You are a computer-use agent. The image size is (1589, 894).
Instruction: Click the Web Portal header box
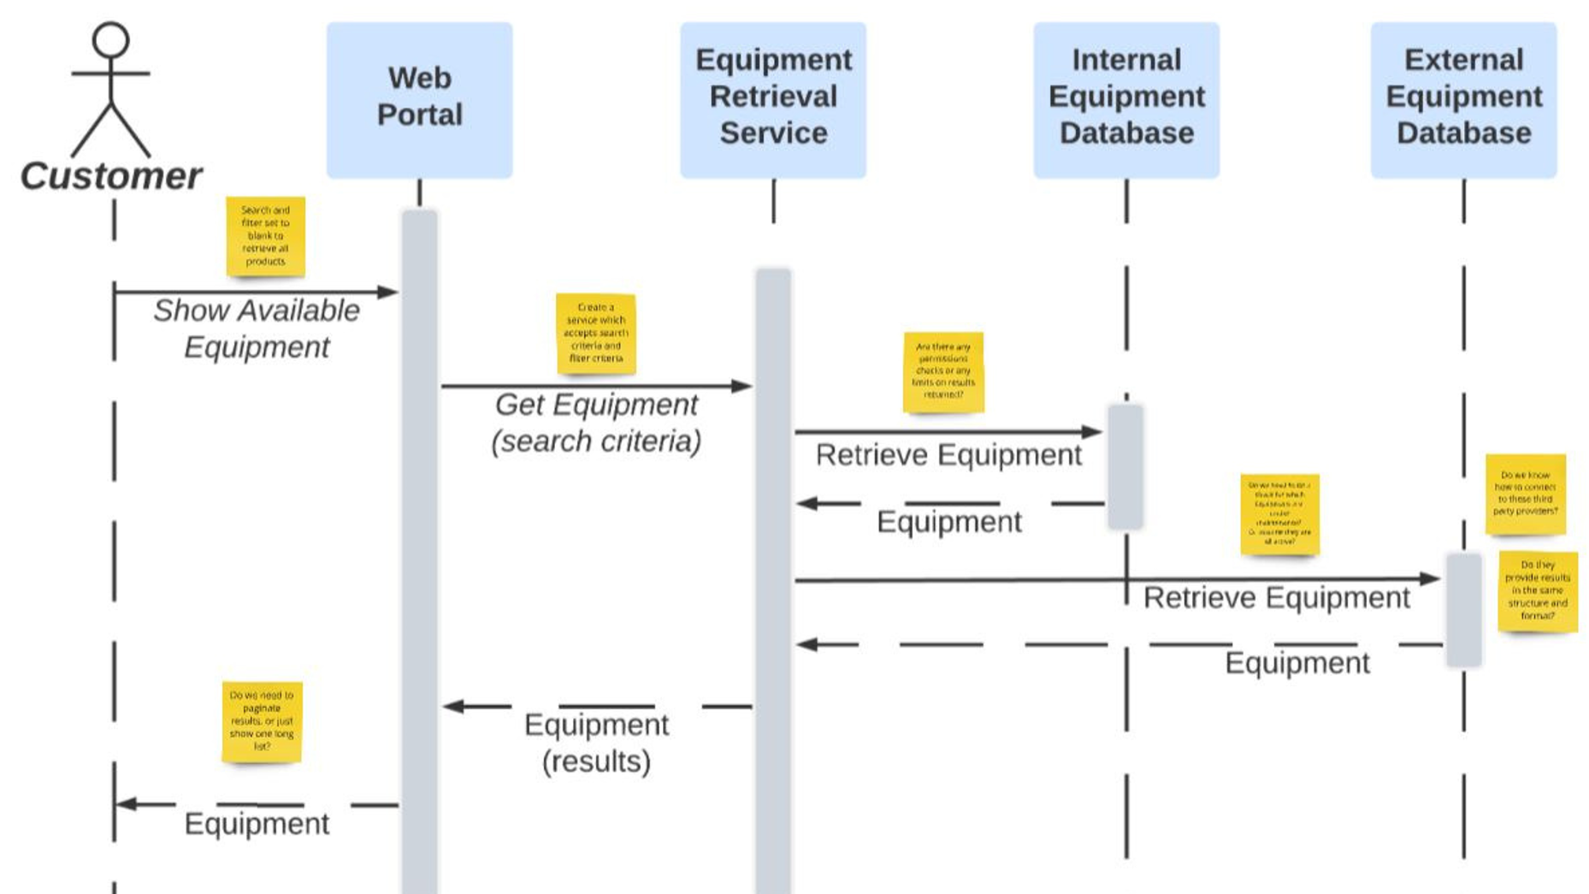pyautogui.click(x=419, y=100)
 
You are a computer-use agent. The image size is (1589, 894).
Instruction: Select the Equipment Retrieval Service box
pyautogui.click(x=773, y=100)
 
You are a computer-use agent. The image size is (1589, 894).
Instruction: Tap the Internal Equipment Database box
pyautogui.click(x=1125, y=100)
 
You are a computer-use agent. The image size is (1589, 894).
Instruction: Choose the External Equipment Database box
pyautogui.click(x=1463, y=100)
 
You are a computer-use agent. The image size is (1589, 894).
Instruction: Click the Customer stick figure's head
pyautogui.click(x=111, y=40)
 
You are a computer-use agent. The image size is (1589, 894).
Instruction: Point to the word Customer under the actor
pyautogui.click(x=111, y=176)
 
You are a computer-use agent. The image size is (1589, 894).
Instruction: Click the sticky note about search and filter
pyautogui.click(x=265, y=236)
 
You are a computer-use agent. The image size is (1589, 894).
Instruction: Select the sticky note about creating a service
pyautogui.click(x=596, y=333)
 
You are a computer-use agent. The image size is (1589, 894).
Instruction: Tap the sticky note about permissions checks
pyautogui.click(x=943, y=372)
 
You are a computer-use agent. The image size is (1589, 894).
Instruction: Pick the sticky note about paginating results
pyautogui.click(x=262, y=721)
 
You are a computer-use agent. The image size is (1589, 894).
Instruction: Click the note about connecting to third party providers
pyautogui.click(x=1525, y=494)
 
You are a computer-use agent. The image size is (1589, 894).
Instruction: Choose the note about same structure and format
pyautogui.click(x=1538, y=590)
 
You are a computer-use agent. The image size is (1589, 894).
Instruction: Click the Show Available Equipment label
pyautogui.click(x=257, y=329)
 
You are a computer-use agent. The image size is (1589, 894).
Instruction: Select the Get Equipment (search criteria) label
pyautogui.click(x=597, y=423)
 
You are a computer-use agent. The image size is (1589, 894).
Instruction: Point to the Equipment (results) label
pyautogui.click(x=596, y=743)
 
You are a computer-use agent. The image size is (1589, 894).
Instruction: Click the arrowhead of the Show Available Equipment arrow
pyautogui.click(x=389, y=292)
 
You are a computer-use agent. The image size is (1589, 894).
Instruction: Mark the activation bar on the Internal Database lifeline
pyautogui.click(x=1125, y=467)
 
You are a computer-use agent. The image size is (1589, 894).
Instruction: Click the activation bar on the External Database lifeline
pyautogui.click(x=1463, y=609)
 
